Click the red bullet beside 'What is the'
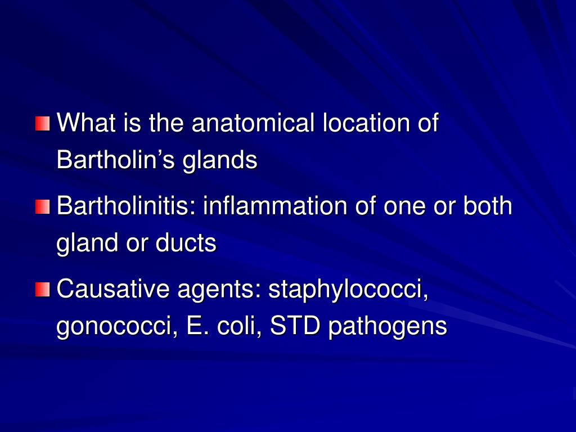[42, 124]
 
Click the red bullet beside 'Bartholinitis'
[42, 206]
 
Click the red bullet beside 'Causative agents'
[42, 290]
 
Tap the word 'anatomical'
[253, 124]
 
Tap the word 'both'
[488, 206]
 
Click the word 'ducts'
[186, 243]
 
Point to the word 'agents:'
[219, 290]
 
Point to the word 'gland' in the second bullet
[85, 244]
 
